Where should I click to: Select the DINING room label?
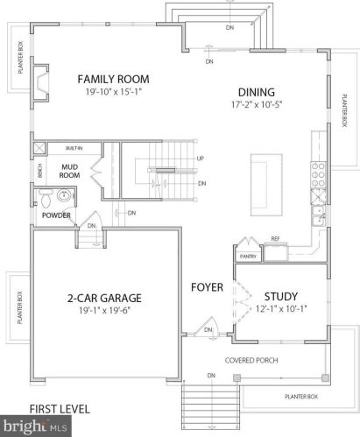click(257, 92)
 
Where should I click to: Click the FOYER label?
click(208, 287)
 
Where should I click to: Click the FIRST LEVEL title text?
click(60, 409)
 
